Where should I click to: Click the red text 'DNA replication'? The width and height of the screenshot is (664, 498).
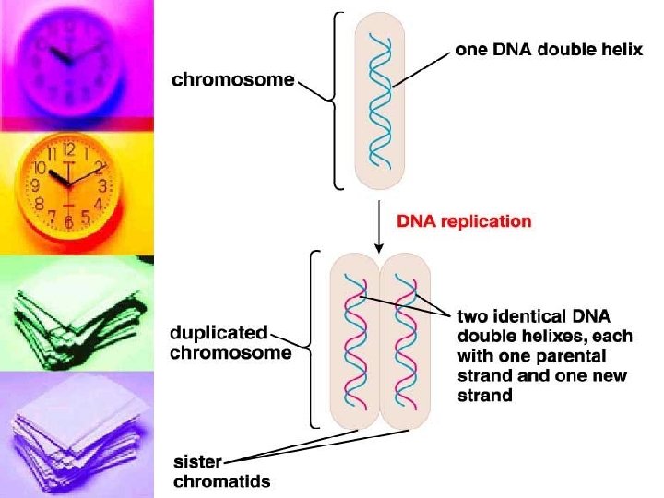click(x=464, y=221)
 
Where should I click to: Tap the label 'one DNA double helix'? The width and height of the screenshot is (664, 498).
click(x=550, y=51)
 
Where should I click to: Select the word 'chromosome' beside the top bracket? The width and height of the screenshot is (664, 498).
click(x=233, y=80)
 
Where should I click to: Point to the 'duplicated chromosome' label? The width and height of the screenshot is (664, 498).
click(x=231, y=342)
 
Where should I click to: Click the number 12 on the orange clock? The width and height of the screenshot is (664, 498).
click(x=68, y=148)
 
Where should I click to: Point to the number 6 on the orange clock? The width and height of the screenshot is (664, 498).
click(x=68, y=222)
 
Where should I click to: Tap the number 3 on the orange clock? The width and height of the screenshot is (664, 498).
click(x=102, y=185)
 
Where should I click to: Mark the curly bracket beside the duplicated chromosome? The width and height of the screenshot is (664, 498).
click(x=314, y=338)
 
